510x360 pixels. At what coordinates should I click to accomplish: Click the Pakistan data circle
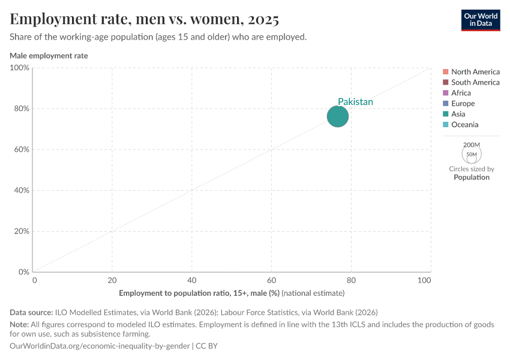click(x=338, y=116)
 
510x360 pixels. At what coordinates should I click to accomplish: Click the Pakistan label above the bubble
click(x=355, y=102)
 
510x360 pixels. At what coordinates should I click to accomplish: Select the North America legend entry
click(x=475, y=71)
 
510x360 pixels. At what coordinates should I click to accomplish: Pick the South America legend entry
click(x=475, y=82)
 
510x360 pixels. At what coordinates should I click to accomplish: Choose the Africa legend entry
click(x=461, y=93)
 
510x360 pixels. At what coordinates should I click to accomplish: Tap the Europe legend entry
click(x=463, y=104)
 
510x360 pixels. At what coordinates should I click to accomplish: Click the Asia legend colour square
click(x=445, y=114)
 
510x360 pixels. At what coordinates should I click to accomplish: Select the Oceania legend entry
click(x=464, y=125)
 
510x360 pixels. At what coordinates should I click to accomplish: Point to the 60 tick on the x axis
click(x=271, y=280)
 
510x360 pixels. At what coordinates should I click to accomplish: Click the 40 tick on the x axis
click(x=191, y=280)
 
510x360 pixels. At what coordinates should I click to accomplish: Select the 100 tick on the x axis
click(x=424, y=280)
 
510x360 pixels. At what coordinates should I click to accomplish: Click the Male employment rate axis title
click(x=49, y=56)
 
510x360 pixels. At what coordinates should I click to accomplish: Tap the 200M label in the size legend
click(x=472, y=145)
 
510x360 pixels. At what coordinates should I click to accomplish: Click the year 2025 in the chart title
click(x=262, y=19)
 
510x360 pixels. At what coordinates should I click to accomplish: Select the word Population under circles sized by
click(x=472, y=178)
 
